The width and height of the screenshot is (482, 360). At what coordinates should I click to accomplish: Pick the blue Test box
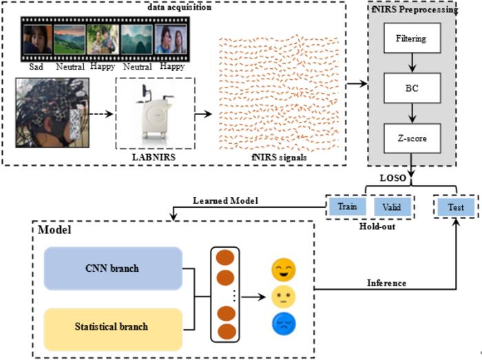click(455, 207)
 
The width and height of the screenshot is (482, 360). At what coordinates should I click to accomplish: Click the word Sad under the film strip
click(39, 67)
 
